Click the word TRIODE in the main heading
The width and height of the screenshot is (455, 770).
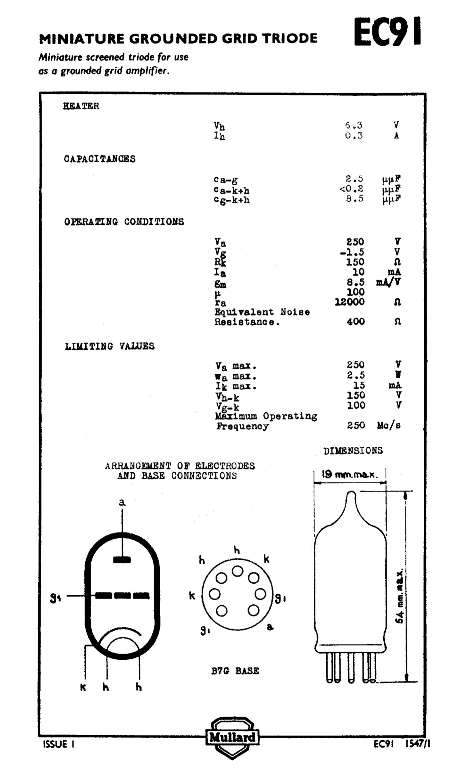290,39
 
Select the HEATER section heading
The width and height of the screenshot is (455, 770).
81,106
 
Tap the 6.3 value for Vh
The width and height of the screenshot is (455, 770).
354,125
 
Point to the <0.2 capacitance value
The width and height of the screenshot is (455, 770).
351,188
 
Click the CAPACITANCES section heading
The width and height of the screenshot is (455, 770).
100,159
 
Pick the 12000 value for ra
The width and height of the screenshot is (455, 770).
350,302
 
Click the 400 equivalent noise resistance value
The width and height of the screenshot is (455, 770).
355,321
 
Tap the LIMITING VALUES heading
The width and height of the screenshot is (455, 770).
109,346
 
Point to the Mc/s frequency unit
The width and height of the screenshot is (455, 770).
389,425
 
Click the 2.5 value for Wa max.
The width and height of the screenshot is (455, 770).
355,375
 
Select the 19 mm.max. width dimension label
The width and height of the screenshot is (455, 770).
349,474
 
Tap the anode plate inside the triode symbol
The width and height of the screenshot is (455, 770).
122,560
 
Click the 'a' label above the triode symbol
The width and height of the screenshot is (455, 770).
122,502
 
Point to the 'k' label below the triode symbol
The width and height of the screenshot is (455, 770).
83,687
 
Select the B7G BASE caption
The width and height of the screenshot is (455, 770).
235,671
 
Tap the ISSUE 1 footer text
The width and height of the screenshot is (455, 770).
59,744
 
